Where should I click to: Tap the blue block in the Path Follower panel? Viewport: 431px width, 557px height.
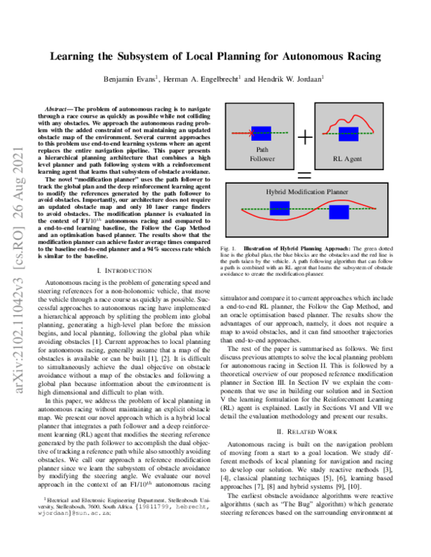tap(260, 132)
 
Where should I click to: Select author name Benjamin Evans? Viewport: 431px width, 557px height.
tap(131, 79)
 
